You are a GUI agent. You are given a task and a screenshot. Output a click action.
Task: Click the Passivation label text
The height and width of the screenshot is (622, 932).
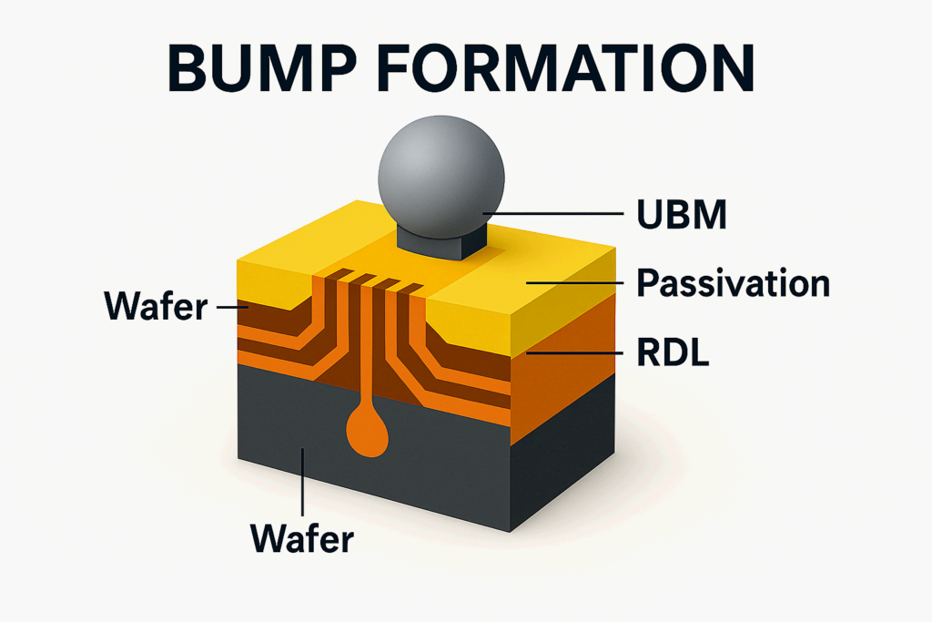pyautogui.click(x=733, y=283)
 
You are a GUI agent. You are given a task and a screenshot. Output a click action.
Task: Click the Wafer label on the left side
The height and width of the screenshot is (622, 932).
pyautogui.click(x=157, y=308)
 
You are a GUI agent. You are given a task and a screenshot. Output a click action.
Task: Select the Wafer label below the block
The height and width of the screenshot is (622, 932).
pyautogui.click(x=301, y=539)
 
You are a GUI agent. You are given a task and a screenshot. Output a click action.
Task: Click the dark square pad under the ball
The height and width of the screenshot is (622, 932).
pyautogui.click(x=441, y=241)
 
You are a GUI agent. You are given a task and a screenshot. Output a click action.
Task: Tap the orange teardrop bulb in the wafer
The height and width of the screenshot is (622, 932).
pyautogui.click(x=368, y=432)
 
